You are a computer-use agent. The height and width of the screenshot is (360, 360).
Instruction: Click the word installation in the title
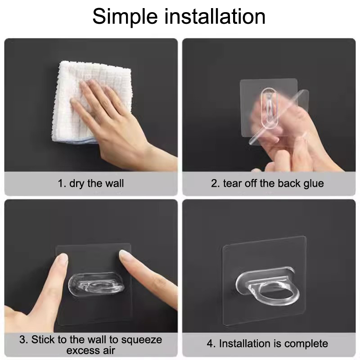coord(215,16)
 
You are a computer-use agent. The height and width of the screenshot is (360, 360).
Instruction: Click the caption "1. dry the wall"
coord(91,184)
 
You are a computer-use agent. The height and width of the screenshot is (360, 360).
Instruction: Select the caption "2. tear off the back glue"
coord(267,184)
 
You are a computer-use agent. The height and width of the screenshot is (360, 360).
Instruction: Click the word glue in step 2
coord(314,184)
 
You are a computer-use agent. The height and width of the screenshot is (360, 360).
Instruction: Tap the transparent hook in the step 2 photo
coord(270,108)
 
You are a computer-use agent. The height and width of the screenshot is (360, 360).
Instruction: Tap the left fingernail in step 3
coord(62,257)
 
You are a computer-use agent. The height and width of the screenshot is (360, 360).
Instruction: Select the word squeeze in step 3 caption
coord(141,340)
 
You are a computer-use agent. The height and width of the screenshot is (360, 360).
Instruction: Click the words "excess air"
coord(91,351)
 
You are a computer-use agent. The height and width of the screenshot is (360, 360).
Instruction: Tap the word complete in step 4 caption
coord(306,344)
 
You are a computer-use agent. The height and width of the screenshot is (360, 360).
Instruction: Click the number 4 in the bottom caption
coord(210,344)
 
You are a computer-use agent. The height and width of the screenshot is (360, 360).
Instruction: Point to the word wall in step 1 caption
coord(114,184)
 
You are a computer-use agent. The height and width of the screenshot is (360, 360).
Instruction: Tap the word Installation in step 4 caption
coord(245,344)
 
